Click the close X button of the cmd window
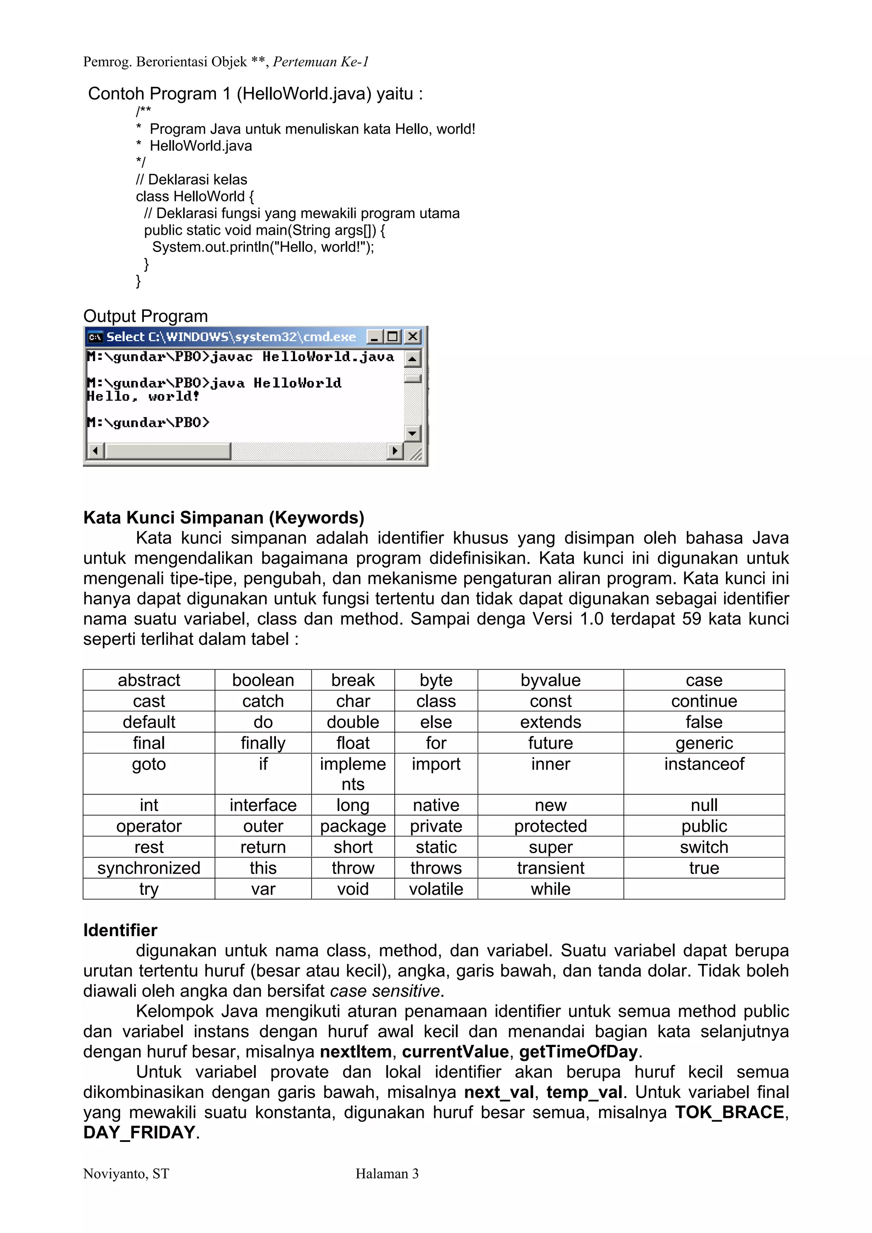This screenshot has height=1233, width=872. (413, 337)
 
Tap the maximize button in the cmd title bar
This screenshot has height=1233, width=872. (393, 337)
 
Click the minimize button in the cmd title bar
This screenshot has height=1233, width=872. (375, 337)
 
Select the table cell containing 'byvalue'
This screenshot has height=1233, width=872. (551, 680)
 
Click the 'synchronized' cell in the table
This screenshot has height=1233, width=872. (149, 868)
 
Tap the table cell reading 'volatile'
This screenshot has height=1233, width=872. (436, 889)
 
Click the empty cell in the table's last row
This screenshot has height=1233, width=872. (704, 889)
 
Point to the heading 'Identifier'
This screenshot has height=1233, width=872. (120, 930)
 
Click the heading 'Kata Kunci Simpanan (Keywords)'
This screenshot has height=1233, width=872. (224, 517)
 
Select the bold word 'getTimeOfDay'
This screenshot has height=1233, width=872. (578, 1052)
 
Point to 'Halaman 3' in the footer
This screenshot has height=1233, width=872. (387, 1174)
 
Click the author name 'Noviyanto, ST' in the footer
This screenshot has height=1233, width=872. (126, 1174)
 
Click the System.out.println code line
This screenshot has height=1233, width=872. (263, 247)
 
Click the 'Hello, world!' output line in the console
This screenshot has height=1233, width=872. (143, 397)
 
